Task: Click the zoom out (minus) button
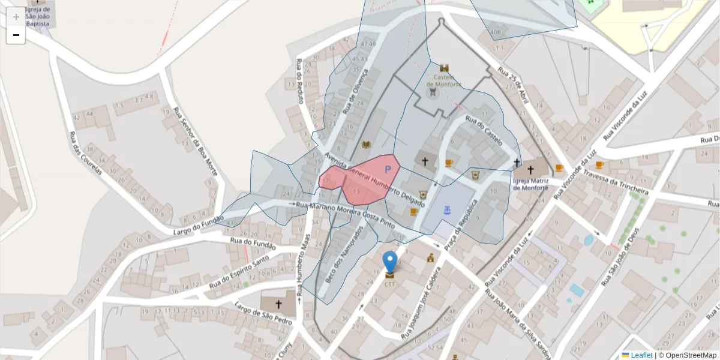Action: (16, 35)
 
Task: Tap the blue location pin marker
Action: (390, 262)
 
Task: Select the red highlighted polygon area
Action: (360, 180)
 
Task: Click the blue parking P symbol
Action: (388, 170)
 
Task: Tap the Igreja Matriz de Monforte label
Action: (532, 183)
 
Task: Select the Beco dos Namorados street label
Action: (345, 254)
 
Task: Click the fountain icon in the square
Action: (446, 210)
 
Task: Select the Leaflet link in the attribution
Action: (641, 355)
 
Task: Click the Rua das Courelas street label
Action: (85, 153)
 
